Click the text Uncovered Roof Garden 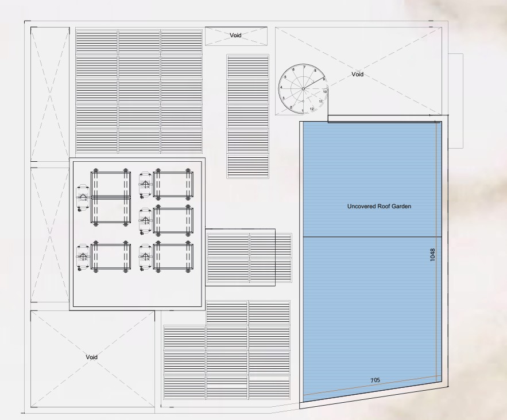[380, 206]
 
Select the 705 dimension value [375, 380]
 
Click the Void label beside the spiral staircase [357, 74]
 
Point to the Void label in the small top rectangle [235, 35]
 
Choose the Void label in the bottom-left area [92, 357]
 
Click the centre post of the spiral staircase [303, 88]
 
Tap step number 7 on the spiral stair [304, 68]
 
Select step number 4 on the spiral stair [281, 87]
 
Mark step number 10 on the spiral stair [325, 92]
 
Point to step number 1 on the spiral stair [303, 110]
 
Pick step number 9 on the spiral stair [324, 79]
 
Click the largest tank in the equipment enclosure [111, 197]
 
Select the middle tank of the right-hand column [173, 220]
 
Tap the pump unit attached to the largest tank [83, 197]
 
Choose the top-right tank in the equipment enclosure [173, 184]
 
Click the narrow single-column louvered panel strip [247, 116]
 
